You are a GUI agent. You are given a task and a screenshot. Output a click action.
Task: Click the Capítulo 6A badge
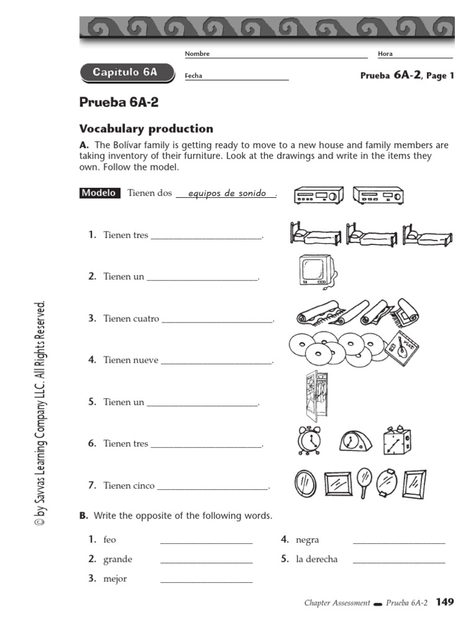pos(125,73)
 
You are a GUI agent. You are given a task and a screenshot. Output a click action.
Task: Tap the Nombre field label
pos(197,54)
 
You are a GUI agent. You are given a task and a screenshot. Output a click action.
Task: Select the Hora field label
pos(385,54)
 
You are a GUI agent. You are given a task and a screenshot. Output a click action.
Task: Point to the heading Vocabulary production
pos(146,129)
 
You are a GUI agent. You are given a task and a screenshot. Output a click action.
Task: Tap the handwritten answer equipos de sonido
pos(226,193)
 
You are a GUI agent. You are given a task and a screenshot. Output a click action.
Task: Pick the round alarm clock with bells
pos(308,440)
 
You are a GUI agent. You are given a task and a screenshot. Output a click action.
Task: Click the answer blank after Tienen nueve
pos(216,362)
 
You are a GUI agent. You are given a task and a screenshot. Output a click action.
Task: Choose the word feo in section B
pos(110,540)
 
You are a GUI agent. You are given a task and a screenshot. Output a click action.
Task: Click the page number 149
pos(445,602)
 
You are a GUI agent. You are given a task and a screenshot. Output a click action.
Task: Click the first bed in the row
pos(314,234)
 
